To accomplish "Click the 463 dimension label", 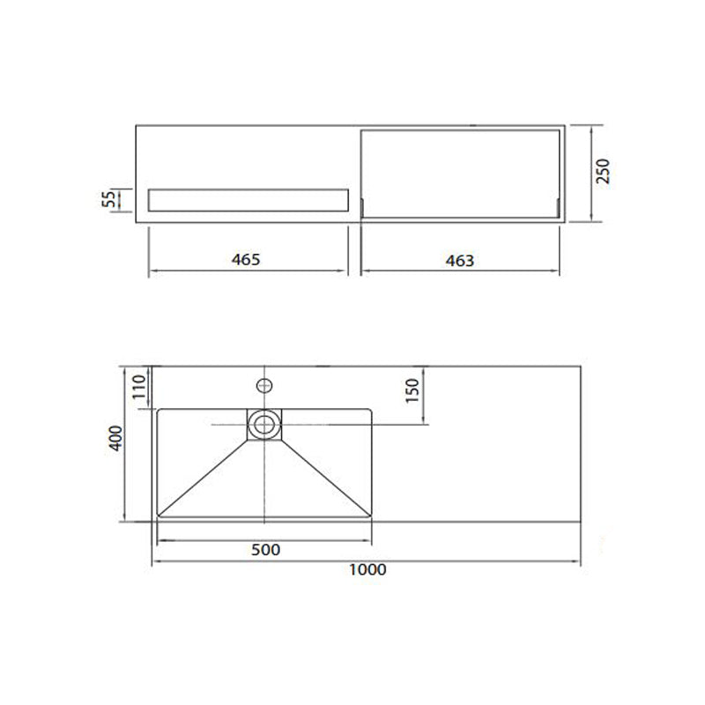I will (x=460, y=260).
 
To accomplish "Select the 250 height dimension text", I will (x=604, y=170).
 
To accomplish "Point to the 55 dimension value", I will (x=110, y=199).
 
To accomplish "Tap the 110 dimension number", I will (x=137, y=388).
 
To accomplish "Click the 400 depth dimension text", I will (x=113, y=438).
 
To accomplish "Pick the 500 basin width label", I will (x=265, y=550).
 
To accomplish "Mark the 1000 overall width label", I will (x=367, y=569).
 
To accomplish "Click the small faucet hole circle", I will (x=263, y=384).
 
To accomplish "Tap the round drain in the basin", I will (x=263, y=424).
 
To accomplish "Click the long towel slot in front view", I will (x=249, y=200).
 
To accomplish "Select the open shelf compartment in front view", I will (x=461, y=173).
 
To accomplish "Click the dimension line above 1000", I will (x=367, y=560).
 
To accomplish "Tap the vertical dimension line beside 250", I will (x=589, y=174).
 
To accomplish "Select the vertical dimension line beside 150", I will (x=424, y=394).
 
